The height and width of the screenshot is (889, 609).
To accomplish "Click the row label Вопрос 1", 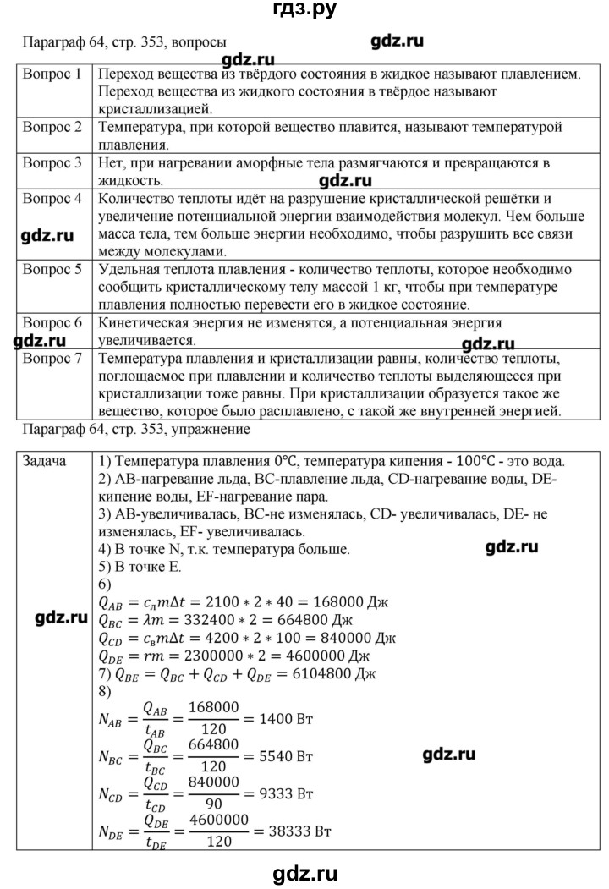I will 52,74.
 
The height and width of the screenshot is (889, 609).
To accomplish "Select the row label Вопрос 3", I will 52,162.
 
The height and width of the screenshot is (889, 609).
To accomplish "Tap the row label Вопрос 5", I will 52,271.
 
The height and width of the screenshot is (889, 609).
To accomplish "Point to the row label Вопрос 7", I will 52,359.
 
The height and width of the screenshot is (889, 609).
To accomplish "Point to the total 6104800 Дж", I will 348,678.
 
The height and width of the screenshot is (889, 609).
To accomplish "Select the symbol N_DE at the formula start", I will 112,833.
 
